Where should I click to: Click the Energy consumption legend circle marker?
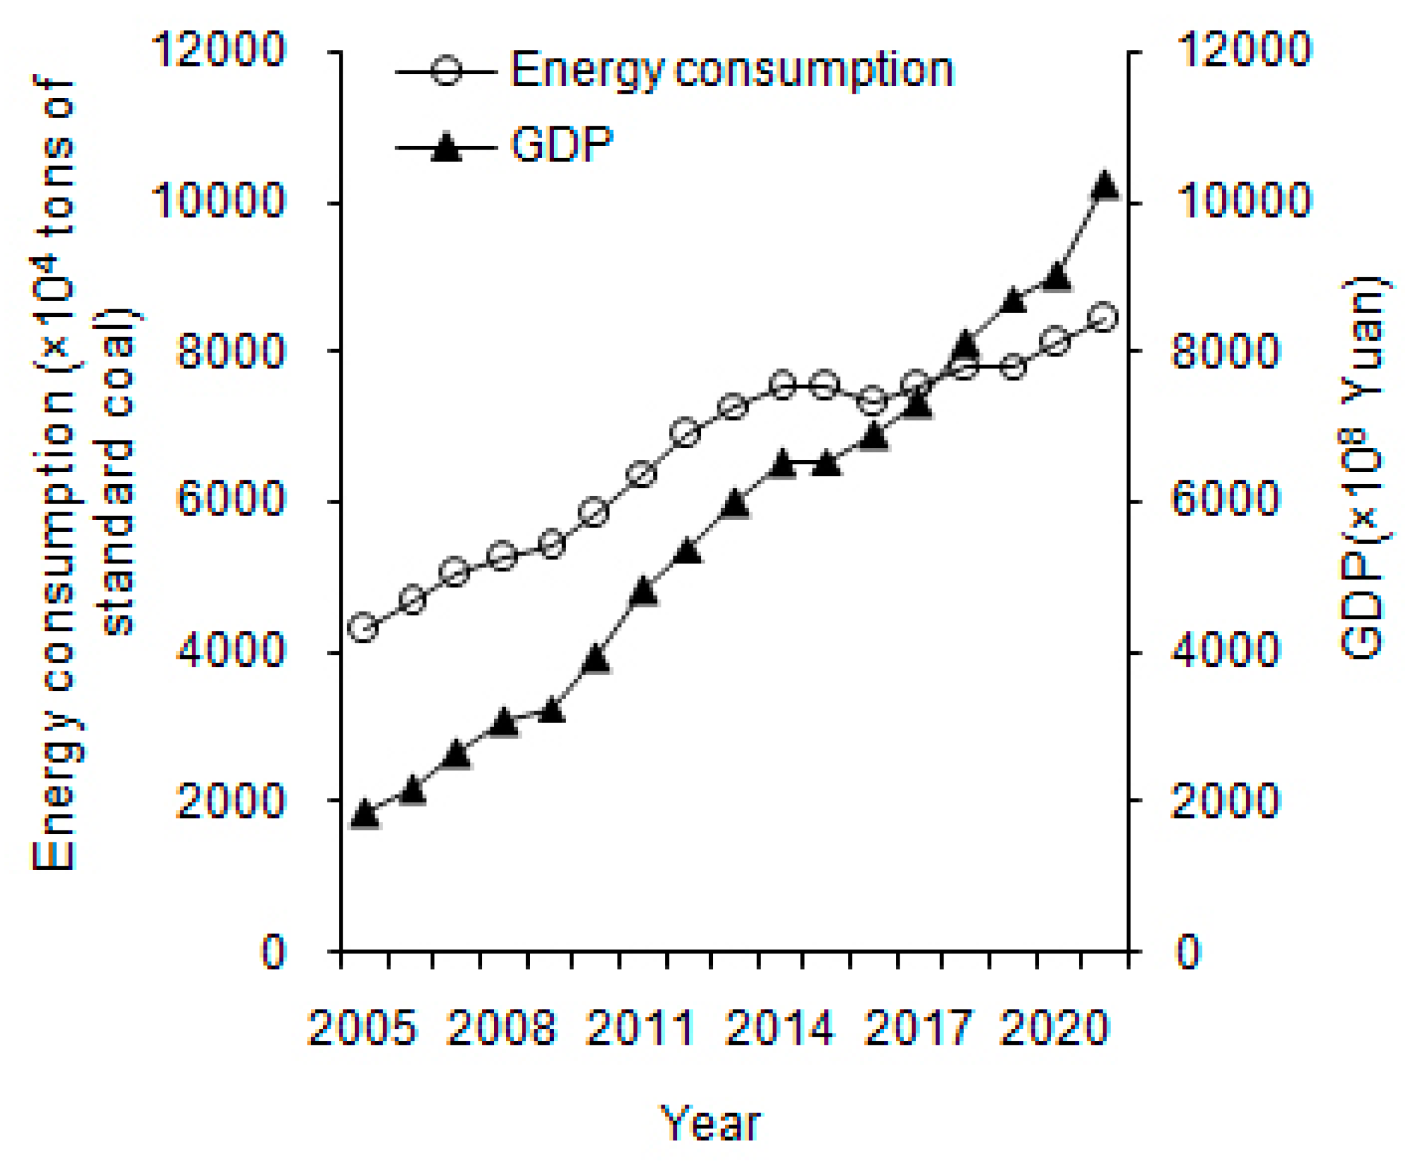[446, 70]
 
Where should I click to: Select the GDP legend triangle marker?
[446, 147]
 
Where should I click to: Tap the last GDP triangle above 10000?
[1105, 185]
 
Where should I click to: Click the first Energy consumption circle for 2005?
[364, 627]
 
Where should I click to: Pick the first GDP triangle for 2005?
[364, 813]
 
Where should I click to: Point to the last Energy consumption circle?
[1104, 317]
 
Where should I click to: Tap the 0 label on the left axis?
[273, 952]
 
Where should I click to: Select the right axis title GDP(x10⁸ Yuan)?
[1361, 467]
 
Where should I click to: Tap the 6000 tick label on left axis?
[230, 501]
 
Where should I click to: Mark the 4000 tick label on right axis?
[1226, 651]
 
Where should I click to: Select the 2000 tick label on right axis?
[1225, 802]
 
